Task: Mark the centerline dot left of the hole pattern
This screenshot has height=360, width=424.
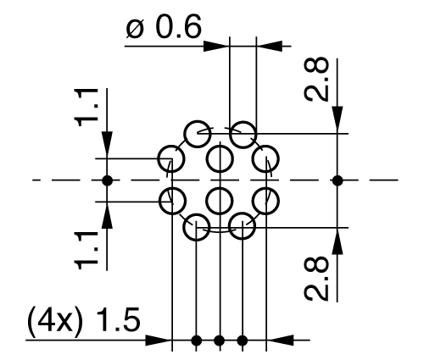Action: click(107, 180)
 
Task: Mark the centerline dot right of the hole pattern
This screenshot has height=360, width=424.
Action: click(338, 180)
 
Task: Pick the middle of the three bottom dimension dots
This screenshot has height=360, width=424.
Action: click(220, 341)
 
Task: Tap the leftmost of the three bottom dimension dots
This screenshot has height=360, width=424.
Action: click(197, 341)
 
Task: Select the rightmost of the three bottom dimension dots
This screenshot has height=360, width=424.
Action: click(243, 341)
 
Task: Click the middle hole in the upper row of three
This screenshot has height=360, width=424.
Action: click(220, 158)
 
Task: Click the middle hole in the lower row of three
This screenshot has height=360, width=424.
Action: click(220, 202)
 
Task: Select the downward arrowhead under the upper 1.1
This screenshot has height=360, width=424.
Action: click(107, 148)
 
